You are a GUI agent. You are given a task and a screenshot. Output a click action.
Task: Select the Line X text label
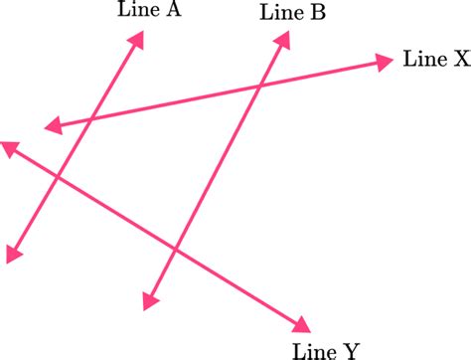pyautogui.click(x=435, y=60)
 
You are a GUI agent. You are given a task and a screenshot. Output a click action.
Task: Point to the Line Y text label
pyautogui.click(x=326, y=349)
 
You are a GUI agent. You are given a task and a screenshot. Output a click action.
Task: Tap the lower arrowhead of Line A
pyautogui.click(x=12, y=255)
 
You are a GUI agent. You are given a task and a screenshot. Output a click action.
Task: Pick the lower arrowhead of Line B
pyautogui.click(x=150, y=301)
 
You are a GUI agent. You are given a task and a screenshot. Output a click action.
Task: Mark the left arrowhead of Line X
pyautogui.click(x=53, y=127)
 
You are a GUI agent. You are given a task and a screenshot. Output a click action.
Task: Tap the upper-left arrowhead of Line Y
pyautogui.click(x=9, y=147)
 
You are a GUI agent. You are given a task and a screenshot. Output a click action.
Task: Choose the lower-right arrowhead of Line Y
pyautogui.click(x=301, y=323)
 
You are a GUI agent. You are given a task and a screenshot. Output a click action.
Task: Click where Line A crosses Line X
pyautogui.click(x=90, y=119)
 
